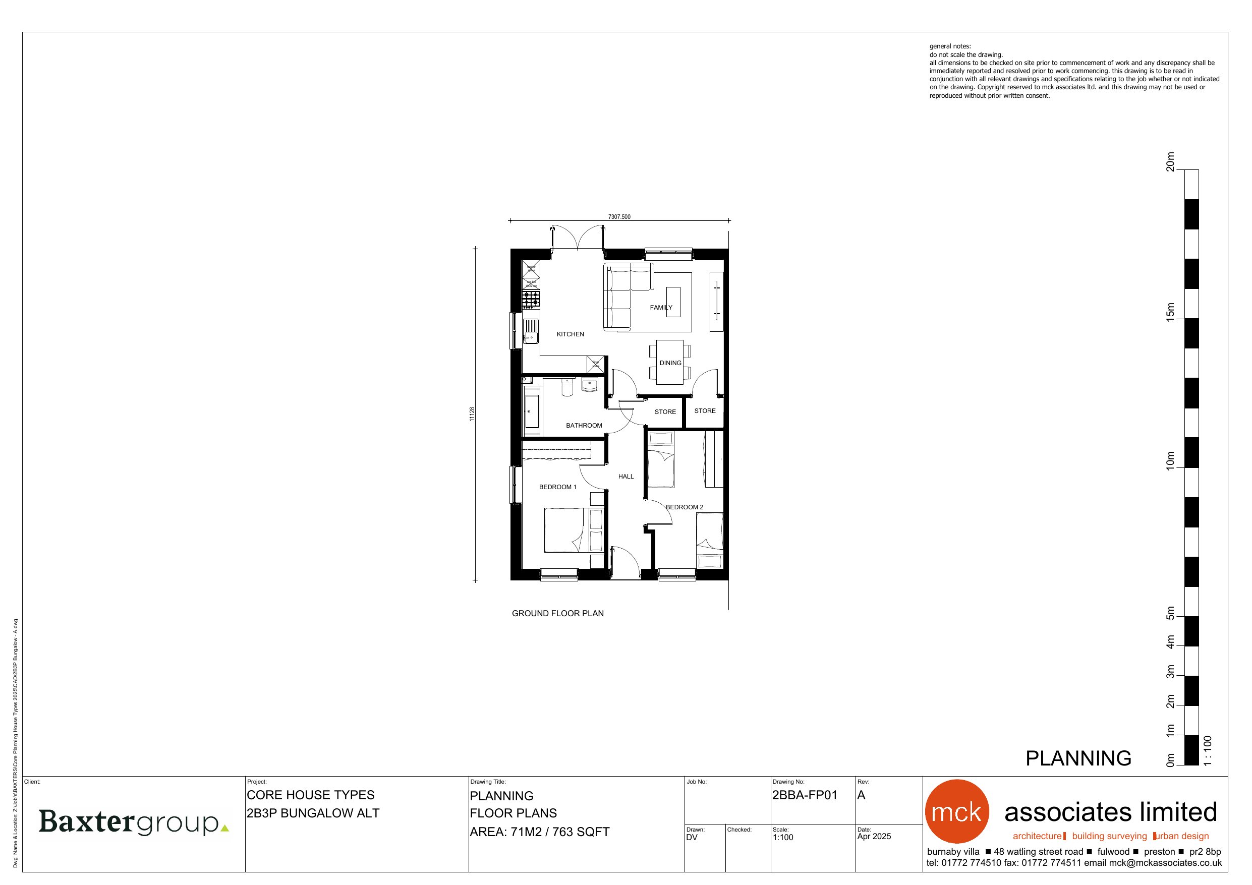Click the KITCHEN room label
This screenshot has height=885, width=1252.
click(x=570, y=334)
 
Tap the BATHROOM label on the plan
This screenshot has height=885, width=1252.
click(x=584, y=425)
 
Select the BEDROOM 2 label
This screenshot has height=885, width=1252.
click(x=684, y=507)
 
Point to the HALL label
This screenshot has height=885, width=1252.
click(x=625, y=477)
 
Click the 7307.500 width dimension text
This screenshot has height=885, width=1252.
click(x=619, y=217)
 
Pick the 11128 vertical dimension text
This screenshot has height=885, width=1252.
click(x=472, y=414)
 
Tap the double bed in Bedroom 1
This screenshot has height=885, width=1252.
click(x=567, y=530)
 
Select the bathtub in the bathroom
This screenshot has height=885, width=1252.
click(x=531, y=411)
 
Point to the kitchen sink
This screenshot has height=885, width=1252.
click(x=531, y=331)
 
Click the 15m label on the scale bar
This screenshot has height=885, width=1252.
click(x=1170, y=313)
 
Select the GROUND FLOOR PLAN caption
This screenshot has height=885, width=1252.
click(x=557, y=613)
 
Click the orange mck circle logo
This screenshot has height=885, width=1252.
click(x=956, y=811)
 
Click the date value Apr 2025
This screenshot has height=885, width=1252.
click(x=874, y=837)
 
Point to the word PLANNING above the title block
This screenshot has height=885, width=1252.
click(x=1078, y=758)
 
